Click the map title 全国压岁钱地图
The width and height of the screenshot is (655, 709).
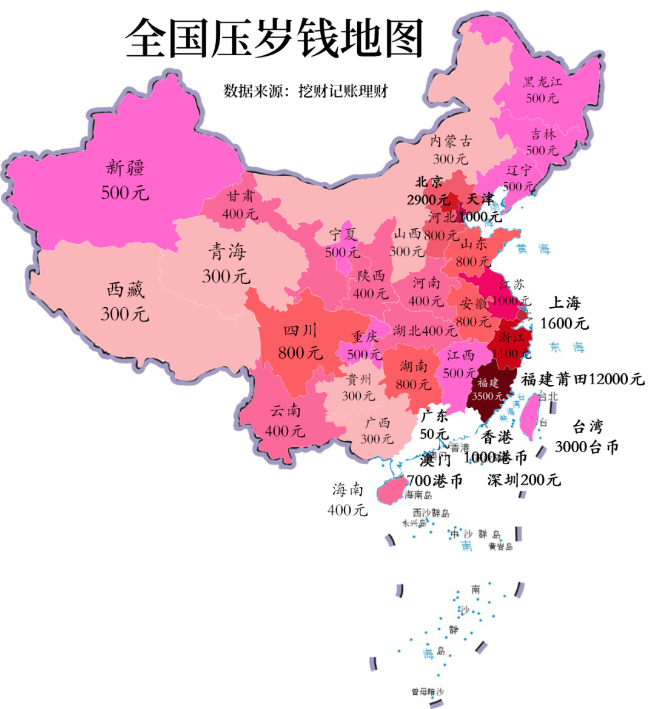pyautogui.click(x=274, y=38)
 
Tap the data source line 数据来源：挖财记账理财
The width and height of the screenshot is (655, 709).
pyautogui.click(x=305, y=92)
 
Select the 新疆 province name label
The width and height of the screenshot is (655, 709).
pyautogui.click(x=125, y=167)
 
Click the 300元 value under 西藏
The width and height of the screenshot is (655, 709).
pyautogui.click(x=124, y=314)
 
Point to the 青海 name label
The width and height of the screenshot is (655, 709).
pyautogui.click(x=227, y=251)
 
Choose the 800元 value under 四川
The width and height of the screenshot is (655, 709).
pyautogui.click(x=300, y=352)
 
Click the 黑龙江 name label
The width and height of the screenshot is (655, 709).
pyautogui.click(x=542, y=82)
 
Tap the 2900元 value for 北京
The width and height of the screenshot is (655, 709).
pyautogui.click(x=428, y=199)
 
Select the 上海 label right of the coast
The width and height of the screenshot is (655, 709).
pyautogui.click(x=565, y=302)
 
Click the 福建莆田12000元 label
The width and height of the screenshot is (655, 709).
pyautogui.click(x=582, y=379)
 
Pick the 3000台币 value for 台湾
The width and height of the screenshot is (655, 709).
pyautogui.click(x=586, y=447)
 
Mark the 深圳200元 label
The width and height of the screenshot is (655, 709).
pyautogui.click(x=524, y=480)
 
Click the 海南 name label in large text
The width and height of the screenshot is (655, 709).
pyautogui.click(x=348, y=489)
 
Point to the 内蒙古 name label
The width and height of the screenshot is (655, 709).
pyautogui.click(x=451, y=141)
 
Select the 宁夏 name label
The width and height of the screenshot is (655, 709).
pyautogui.click(x=343, y=235)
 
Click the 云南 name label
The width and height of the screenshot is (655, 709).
pyautogui.click(x=285, y=411)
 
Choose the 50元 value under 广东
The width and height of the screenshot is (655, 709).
pyautogui.click(x=434, y=434)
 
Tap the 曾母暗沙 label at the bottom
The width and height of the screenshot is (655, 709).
pyautogui.click(x=427, y=691)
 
